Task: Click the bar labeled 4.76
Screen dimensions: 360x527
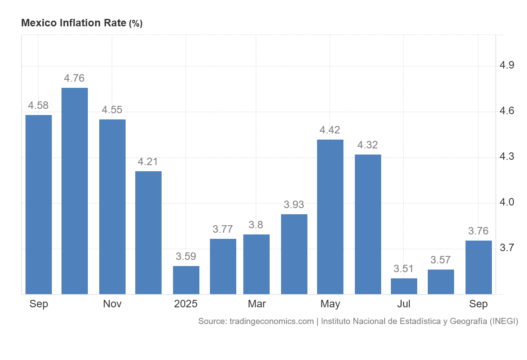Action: click(x=75, y=191)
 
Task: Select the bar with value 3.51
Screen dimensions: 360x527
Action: click(x=404, y=286)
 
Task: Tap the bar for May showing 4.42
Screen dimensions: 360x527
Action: click(x=330, y=217)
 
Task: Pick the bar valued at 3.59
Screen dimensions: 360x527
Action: click(x=186, y=280)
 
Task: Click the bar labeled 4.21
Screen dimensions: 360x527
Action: click(x=148, y=232)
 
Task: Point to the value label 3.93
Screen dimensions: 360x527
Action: click(x=294, y=205)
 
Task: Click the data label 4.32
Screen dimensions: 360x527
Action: click(x=368, y=145)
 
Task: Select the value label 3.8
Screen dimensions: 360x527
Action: click(x=256, y=225)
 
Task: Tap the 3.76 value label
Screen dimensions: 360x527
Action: click(x=478, y=231)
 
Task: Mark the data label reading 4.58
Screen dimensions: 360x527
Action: click(x=38, y=105)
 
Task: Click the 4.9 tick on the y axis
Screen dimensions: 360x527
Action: click(x=507, y=66)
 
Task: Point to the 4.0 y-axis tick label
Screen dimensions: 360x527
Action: click(x=507, y=202)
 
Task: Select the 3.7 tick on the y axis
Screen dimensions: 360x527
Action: click(x=507, y=248)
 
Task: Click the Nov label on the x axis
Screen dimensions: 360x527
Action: click(x=112, y=304)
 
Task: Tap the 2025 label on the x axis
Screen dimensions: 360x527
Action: click(x=186, y=304)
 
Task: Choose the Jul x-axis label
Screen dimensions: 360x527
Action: click(x=404, y=304)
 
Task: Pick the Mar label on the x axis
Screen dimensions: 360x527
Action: click(x=256, y=304)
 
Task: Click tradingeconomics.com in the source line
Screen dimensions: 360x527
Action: click(x=271, y=321)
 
